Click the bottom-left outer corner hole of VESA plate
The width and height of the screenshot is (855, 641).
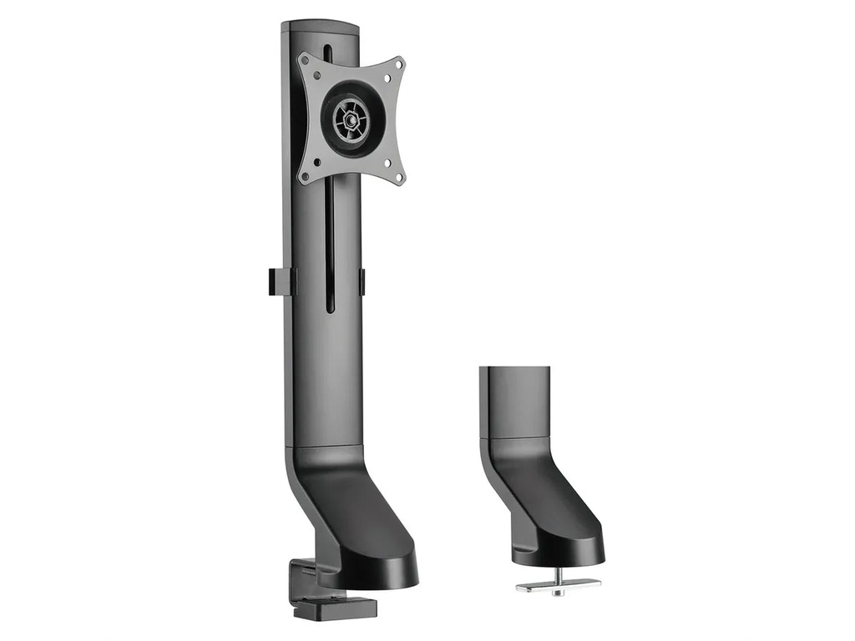click(306, 176)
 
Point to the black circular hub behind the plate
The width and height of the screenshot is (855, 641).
click(352, 121)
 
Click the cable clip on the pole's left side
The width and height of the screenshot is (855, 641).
click(281, 281)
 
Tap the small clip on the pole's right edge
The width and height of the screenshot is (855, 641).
click(362, 281)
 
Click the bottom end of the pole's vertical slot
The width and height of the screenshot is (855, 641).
click(330, 310)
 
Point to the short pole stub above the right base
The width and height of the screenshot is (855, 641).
click(515, 401)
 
